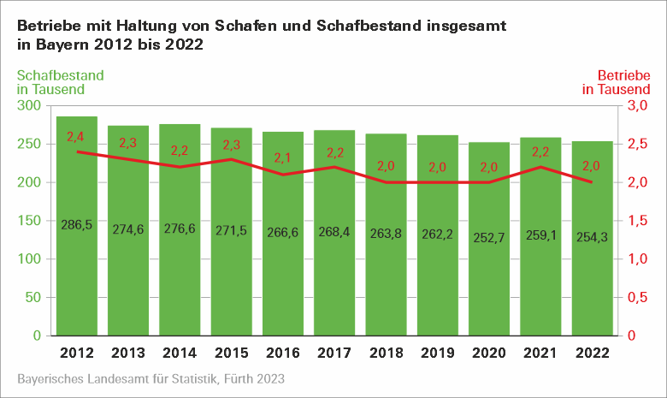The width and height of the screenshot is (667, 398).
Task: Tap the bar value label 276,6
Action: [180, 229]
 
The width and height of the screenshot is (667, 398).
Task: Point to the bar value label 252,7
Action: [489, 234]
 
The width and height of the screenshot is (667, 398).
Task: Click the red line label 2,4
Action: [75, 137]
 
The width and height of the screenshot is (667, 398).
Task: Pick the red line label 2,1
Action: [283, 158]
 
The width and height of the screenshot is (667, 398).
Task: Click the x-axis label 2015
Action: [231, 353]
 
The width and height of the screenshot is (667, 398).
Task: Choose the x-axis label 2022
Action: [592, 353]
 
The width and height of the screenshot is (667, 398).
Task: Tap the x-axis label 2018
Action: [386, 353]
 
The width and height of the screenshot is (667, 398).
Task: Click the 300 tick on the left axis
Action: [30, 105]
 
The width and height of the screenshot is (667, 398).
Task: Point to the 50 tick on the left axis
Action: [33, 297]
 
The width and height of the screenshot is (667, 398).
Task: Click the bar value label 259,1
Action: [540, 231]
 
